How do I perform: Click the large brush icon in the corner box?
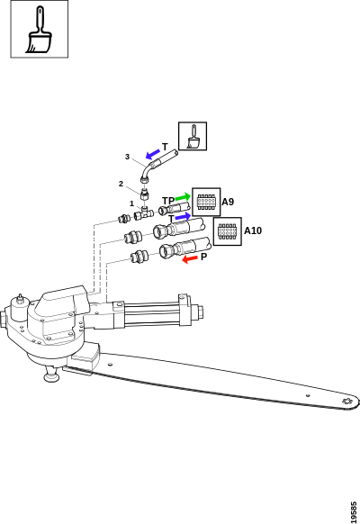point(39,30)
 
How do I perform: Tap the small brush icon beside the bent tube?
point(193,136)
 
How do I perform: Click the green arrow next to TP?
point(183,197)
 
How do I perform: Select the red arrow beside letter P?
point(190,258)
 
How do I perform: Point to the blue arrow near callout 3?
point(153,154)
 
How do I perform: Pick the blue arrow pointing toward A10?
point(184,217)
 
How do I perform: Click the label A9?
point(228,202)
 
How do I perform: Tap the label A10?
point(253,230)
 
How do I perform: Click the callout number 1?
point(131,203)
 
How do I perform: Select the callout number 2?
point(121,184)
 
